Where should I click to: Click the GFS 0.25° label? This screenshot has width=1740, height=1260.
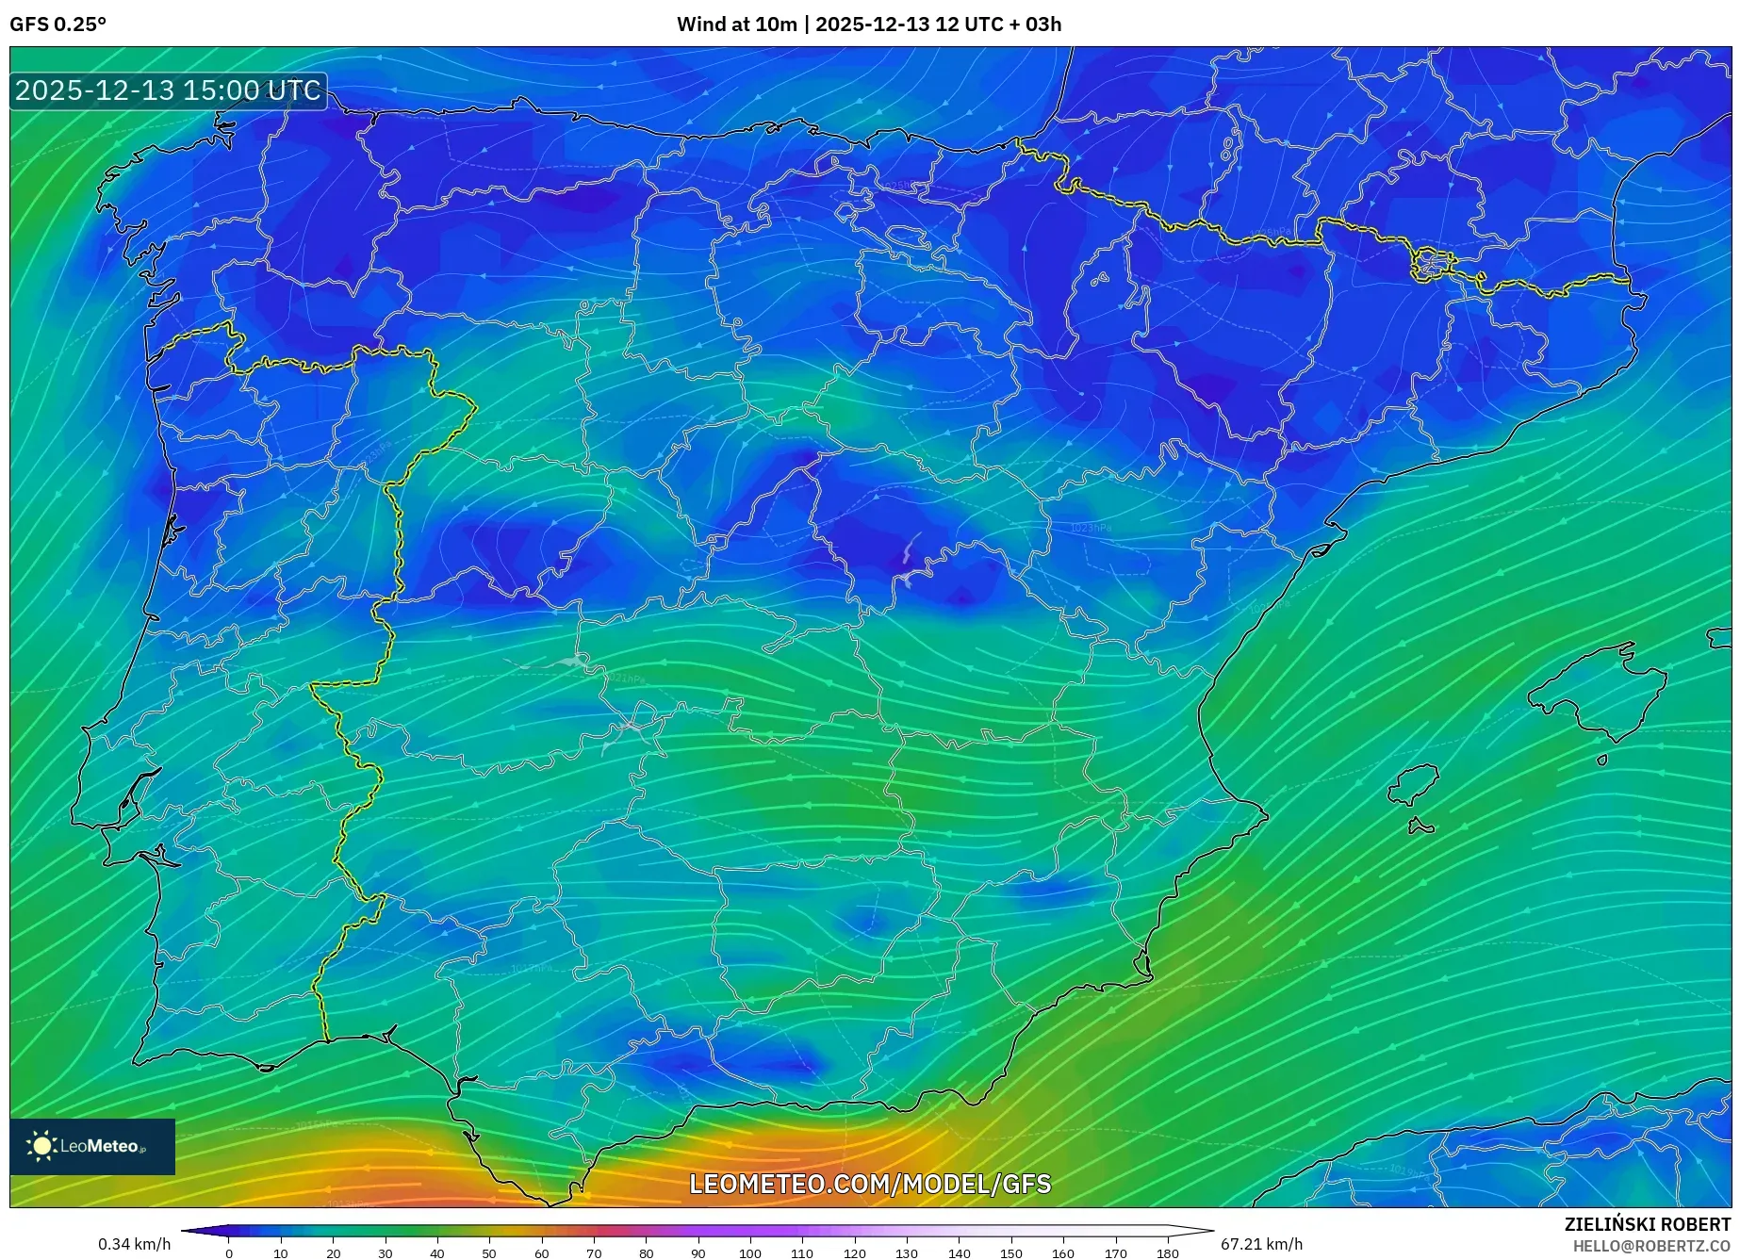coord(57,25)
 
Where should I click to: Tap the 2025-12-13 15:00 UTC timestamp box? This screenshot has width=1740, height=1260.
coord(168,91)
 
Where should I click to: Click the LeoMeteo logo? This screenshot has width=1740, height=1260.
coord(92,1146)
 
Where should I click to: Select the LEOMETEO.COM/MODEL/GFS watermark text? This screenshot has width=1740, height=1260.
coord(869,1184)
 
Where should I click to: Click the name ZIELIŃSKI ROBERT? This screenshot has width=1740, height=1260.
coord(1647,1224)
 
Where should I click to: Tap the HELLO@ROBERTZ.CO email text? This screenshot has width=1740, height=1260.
coord(1650,1246)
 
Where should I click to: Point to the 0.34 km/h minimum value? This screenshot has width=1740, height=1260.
coord(134,1244)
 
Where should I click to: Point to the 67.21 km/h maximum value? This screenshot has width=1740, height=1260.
coord(1261,1244)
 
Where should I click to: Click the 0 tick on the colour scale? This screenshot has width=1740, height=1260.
coord(229,1253)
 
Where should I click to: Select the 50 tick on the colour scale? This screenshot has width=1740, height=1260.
coord(489,1253)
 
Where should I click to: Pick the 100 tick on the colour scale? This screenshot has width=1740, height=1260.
coord(749,1253)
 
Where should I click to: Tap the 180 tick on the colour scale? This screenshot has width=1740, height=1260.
coord(1167,1253)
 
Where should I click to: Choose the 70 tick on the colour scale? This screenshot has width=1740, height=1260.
coord(594,1253)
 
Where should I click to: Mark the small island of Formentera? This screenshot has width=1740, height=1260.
coord(1420,827)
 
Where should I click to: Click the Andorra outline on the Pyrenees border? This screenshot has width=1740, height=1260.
coord(1432,264)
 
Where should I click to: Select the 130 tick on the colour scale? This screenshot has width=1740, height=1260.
coord(907,1253)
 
